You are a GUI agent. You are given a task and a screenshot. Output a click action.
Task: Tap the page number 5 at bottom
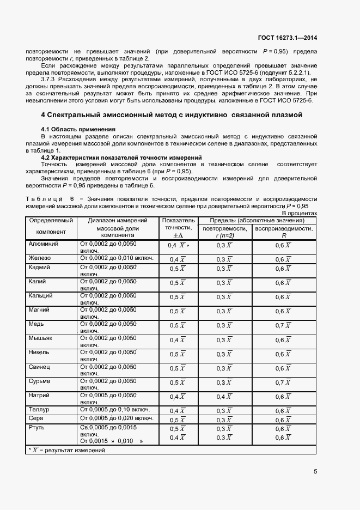pyautogui.click(x=315, y=471)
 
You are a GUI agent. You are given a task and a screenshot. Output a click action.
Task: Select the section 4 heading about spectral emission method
pyautogui.click(x=171, y=130)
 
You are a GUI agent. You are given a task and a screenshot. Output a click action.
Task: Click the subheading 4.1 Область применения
pyautogui.click(x=75, y=144)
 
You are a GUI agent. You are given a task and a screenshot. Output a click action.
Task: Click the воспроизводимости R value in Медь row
pyautogui.click(x=283, y=325)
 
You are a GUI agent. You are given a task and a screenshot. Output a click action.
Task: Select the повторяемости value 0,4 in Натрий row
pyautogui.click(x=224, y=397)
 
